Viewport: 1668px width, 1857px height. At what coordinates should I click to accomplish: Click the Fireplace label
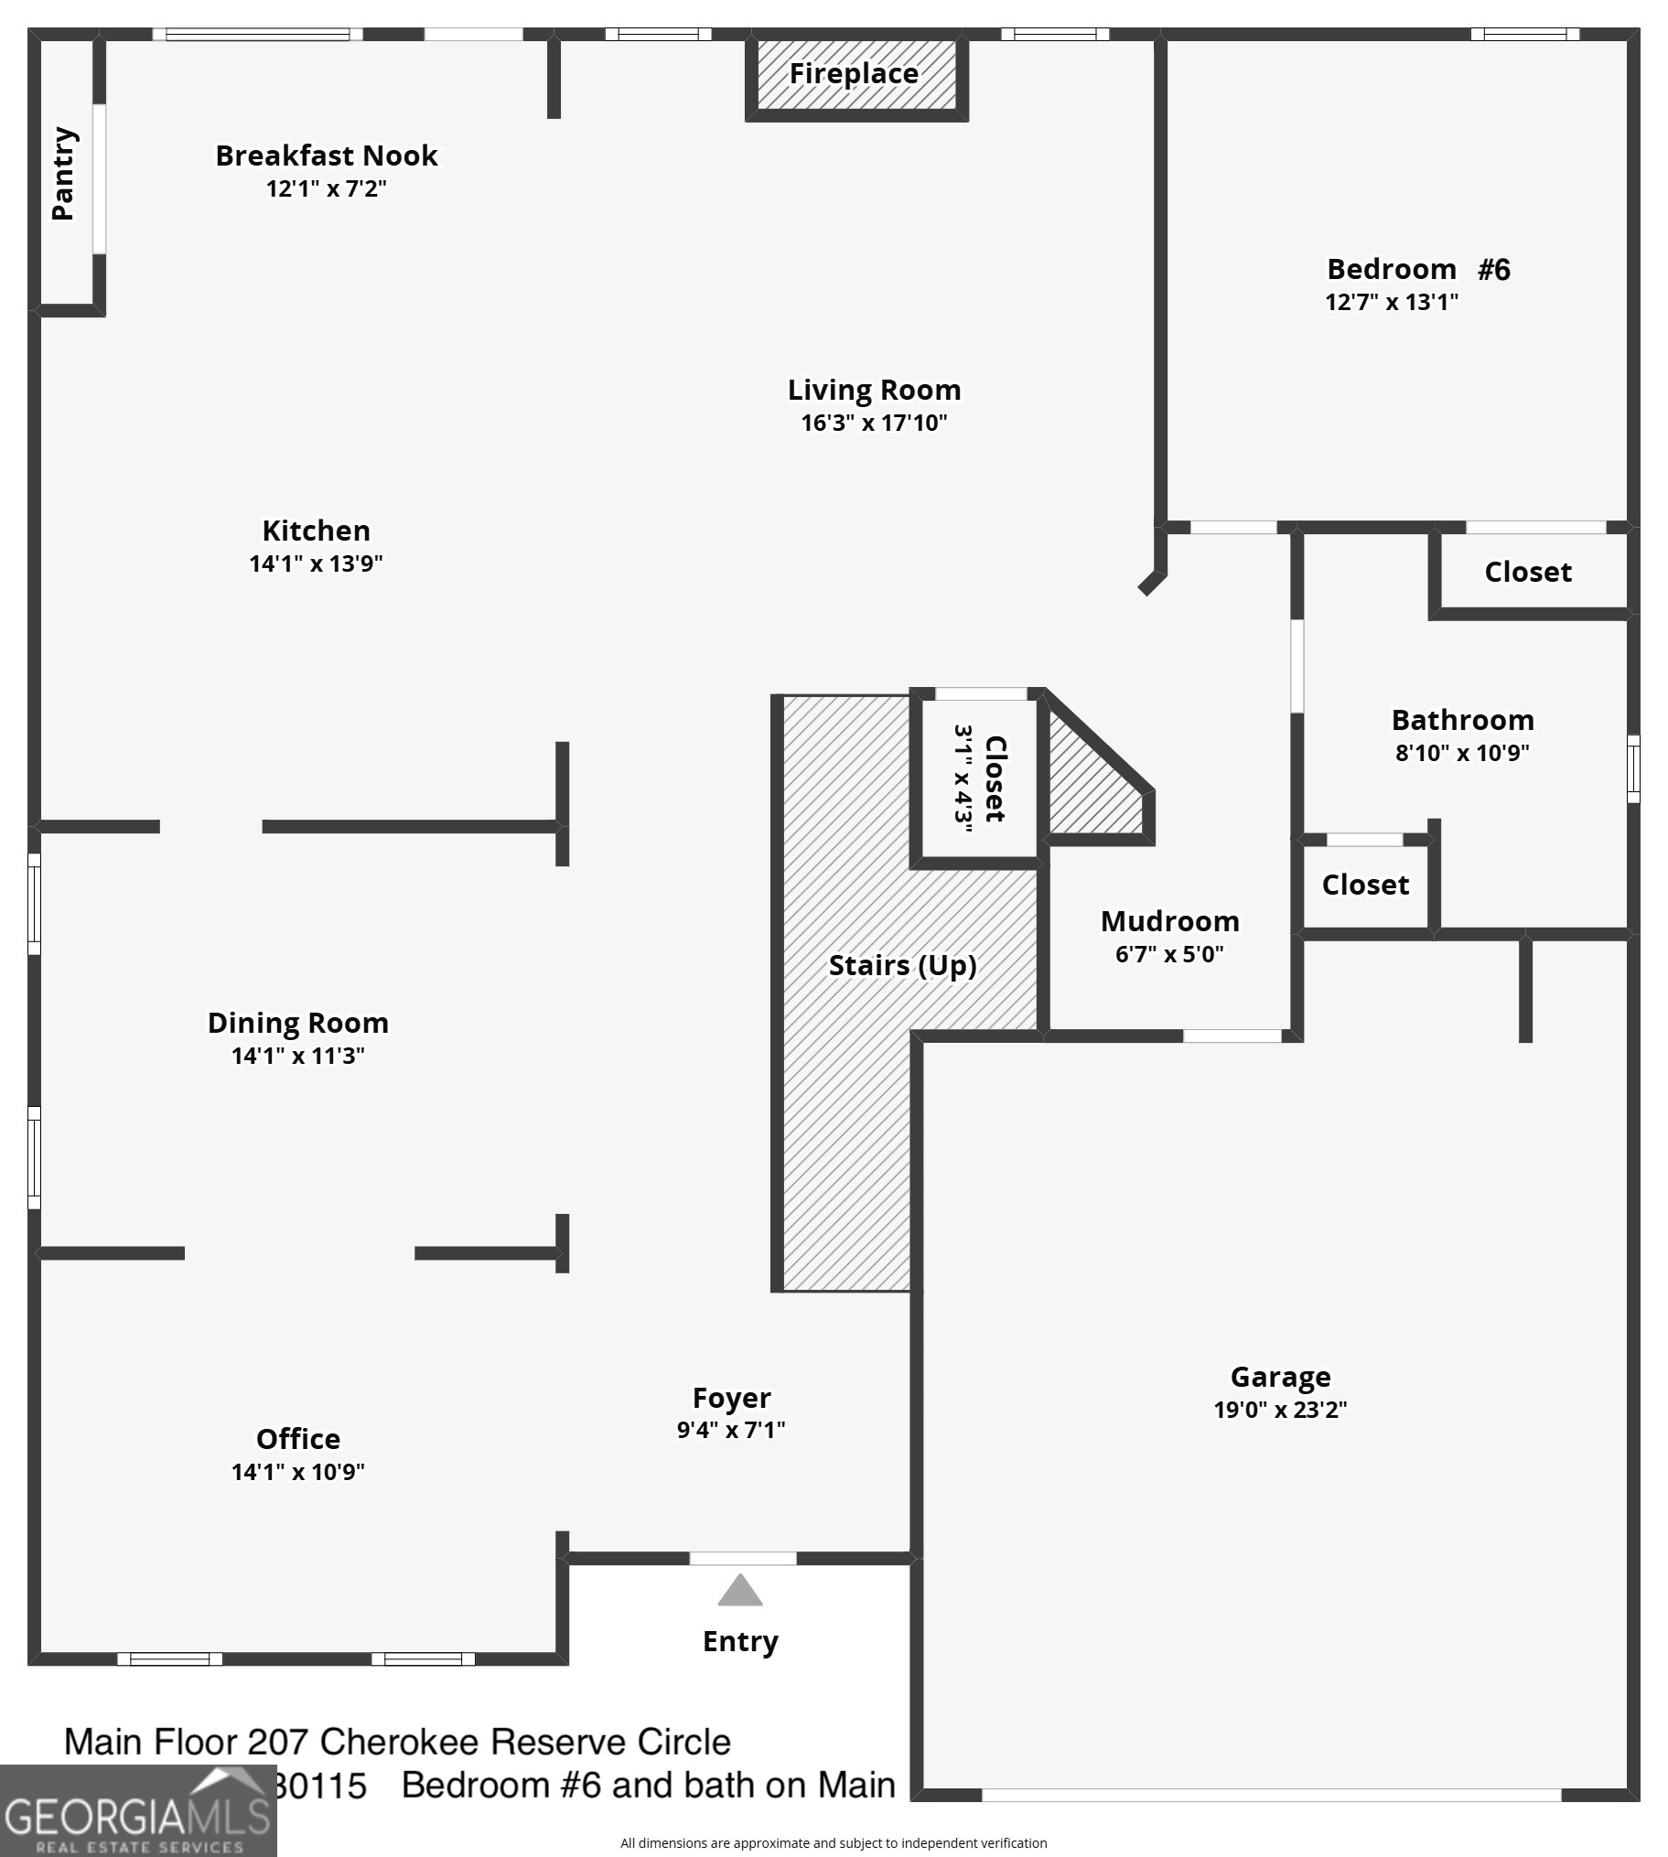pyautogui.click(x=854, y=73)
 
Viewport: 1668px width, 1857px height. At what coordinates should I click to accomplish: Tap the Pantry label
pyautogui.click(x=62, y=174)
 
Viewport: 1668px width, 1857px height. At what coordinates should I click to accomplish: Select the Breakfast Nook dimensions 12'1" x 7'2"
pyautogui.click(x=327, y=188)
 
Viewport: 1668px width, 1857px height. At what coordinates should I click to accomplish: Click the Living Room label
pyautogui.click(x=875, y=391)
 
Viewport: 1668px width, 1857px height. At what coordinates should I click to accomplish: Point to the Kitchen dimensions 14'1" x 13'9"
pyautogui.click(x=316, y=564)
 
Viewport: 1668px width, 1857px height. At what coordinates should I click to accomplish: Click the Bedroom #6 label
pyautogui.click(x=1417, y=269)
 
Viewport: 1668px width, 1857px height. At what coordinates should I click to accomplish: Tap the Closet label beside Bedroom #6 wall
pyautogui.click(x=1528, y=572)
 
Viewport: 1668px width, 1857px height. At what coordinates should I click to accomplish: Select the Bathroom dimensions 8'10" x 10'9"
pyautogui.click(x=1462, y=753)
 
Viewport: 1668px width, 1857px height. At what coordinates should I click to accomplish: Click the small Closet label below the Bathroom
pyautogui.click(x=1364, y=885)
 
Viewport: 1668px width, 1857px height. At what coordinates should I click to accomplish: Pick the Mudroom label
pyautogui.click(x=1169, y=920)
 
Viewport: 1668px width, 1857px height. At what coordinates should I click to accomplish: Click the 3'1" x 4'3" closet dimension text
pyautogui.click(x=963, y=778)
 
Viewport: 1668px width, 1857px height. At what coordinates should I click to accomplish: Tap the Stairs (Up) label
pyautogui.click(x=902, y=965)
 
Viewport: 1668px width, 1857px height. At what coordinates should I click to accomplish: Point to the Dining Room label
pyautogui.click(x=298, y=1023)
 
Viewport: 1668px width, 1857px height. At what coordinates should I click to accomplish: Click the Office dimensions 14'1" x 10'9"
pyautogui.click(x=298, y=1472)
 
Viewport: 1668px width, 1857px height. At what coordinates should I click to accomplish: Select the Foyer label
pyautogui.click(x=731, y=1398)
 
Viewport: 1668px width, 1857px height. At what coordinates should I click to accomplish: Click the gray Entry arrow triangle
pyautogui.click(x=740, y=1593)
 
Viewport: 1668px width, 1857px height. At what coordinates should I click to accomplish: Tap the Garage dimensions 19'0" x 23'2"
pyautogui.click(x=1280, y=1410)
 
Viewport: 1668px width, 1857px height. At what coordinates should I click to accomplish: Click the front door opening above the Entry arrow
pyautogui.click(x=742, y=1559)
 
